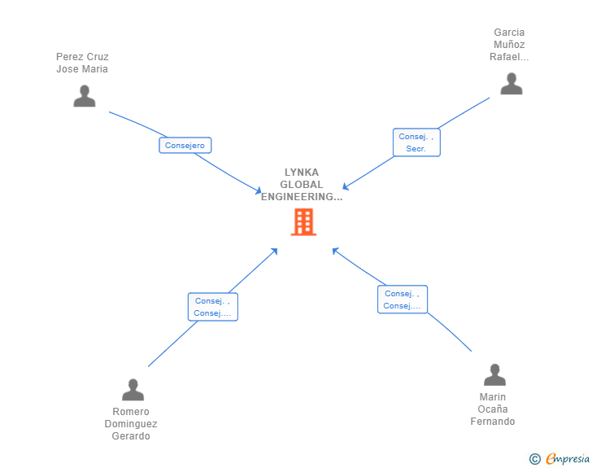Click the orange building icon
[x=303, y=221]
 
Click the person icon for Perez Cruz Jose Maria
[x=84, y=96]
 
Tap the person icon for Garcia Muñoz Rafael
[x=511, y=84]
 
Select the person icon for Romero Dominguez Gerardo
[x=133, y=390]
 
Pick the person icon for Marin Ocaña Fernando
[x=494, y=375]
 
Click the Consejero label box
[x=185, y=146]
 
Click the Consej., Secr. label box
[x=416, y=142]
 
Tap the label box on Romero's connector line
[x=212, y=307]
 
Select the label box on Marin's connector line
[x=402, y=300]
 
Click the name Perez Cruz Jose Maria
[x=82, y=63]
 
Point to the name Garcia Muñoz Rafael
[x=509, y=45]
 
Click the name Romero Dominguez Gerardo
[x=131, y=424]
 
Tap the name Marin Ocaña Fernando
[x=493, y=409]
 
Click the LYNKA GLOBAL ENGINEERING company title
[x=302, y=185]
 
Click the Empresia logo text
[x=568, y=459]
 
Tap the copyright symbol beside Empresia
[x=534, y=459]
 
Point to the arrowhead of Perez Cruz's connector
[x=259, y=192]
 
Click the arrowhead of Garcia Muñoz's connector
[x=345, y=187]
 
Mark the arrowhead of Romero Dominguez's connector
[x=275, y=251]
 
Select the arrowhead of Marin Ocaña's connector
[x=333, y=250]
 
